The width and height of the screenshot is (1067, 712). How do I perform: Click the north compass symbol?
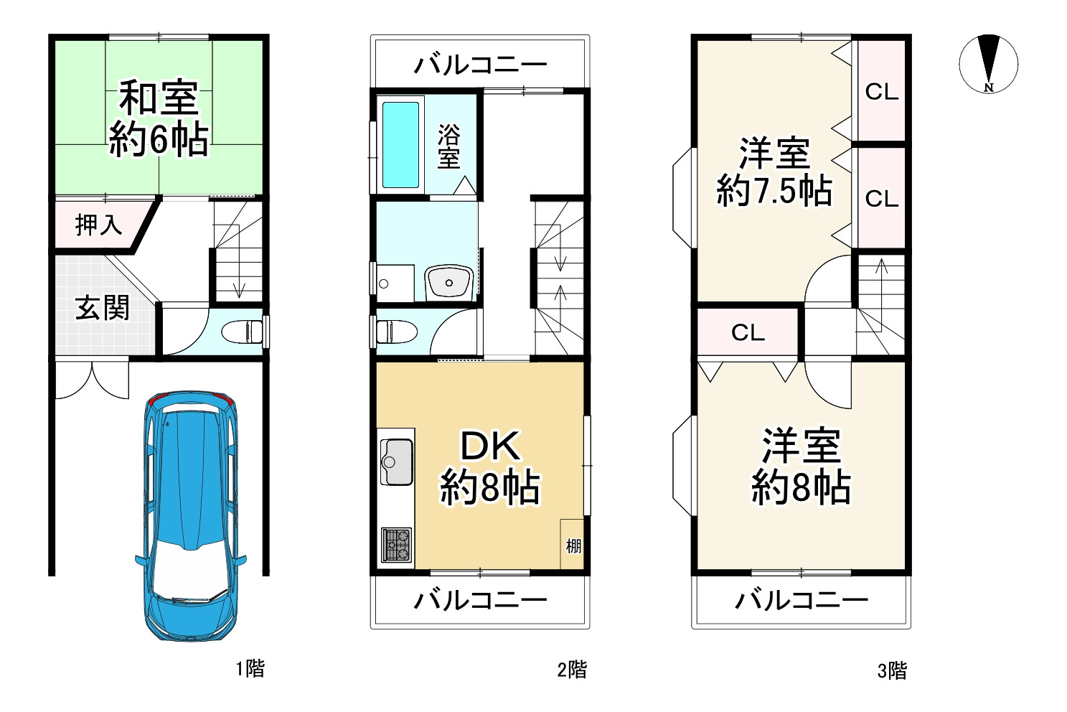[988, 63]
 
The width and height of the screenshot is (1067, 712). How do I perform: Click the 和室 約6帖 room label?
[159, 118]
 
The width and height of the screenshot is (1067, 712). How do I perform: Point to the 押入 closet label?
[99, 225]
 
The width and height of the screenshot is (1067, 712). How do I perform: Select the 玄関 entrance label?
[103, 308]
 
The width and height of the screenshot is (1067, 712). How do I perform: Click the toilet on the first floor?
[243, 332]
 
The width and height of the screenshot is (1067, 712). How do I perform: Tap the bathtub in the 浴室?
[400, 145]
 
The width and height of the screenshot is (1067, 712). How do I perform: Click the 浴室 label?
[448, 146]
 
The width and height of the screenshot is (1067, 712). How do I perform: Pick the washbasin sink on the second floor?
[448, 283]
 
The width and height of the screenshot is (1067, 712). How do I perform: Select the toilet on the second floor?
[397, 332]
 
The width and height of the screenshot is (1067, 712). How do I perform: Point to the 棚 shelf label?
[573, 546]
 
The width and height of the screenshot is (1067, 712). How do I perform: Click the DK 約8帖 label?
[490, 468]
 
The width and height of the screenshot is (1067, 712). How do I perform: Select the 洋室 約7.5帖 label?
[775, 172]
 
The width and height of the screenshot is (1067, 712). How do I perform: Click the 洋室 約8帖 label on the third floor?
[801, 466]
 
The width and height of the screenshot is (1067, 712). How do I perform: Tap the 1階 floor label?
[250, 669]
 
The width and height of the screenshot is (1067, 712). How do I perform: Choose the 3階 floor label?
[892, 671]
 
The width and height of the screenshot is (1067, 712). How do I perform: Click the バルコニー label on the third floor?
[801, 600]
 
